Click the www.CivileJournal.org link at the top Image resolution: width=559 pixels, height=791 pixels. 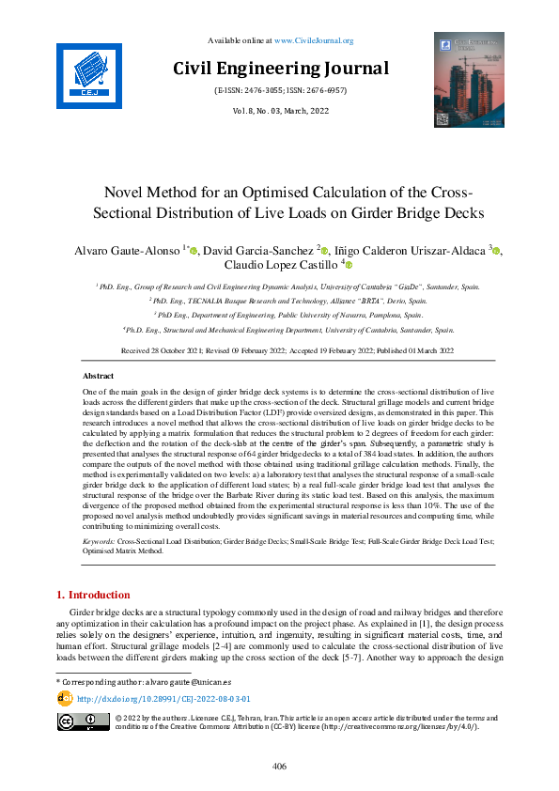(313, 40)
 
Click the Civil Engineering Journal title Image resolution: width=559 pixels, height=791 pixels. (280, 69)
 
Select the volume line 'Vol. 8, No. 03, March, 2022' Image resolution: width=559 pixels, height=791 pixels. (280, 112)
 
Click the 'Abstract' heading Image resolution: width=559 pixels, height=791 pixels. (99, 375)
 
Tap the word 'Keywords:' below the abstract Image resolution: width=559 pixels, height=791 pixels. (101, 543)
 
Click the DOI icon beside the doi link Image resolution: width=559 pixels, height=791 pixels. (65, 698)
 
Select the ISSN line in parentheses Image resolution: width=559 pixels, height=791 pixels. (280, 91)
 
